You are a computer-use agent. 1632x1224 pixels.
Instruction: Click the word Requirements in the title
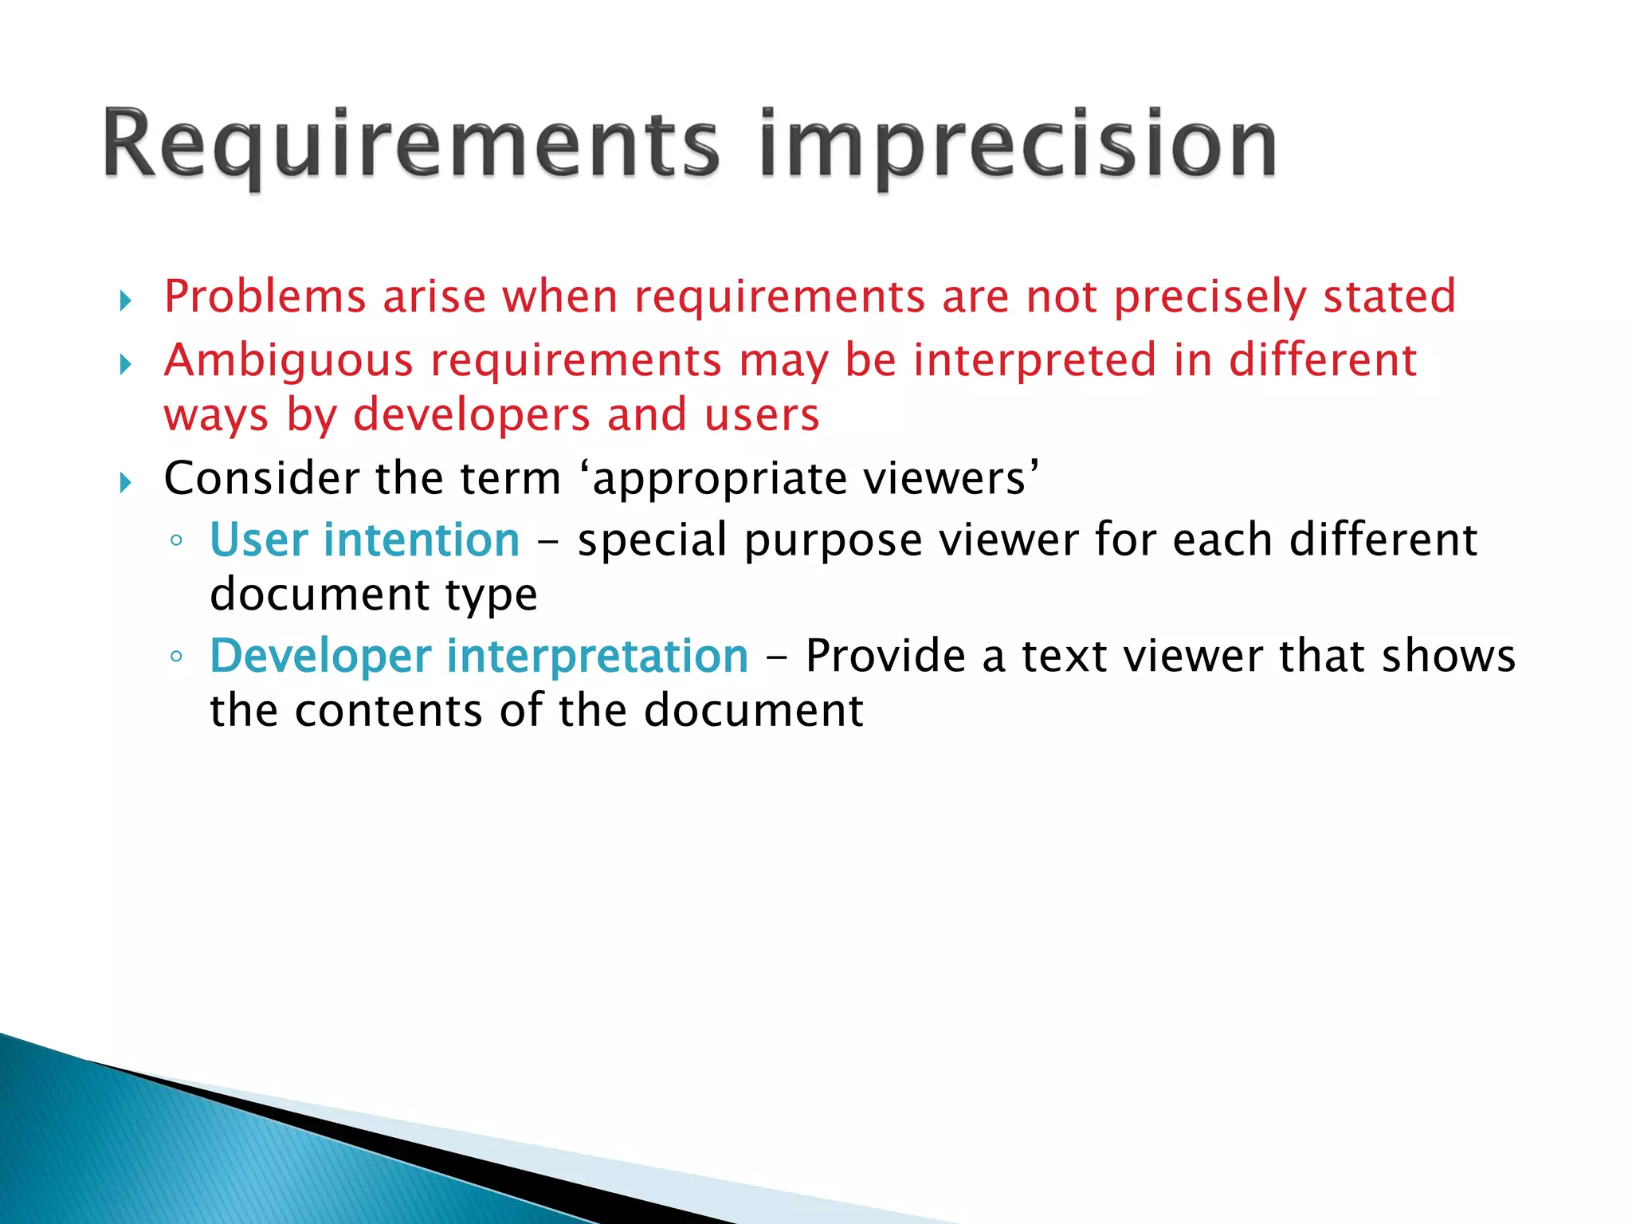pos(410,145)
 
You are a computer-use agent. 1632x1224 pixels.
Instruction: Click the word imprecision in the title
pos(1018,145)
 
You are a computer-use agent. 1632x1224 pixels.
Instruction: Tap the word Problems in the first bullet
pos(265,296)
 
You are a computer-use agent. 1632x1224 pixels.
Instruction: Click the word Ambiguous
pos(288,360)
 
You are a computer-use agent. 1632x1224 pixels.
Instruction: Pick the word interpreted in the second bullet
pos(1034,360)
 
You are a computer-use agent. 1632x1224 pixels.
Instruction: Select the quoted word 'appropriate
pos(715,480)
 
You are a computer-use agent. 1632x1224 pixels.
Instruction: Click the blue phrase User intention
pos(364,540)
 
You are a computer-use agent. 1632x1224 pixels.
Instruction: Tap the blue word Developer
pos(320,657)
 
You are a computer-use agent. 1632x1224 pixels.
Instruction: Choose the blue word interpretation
pos(598,657)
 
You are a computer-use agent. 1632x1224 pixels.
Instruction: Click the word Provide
pos(885,657)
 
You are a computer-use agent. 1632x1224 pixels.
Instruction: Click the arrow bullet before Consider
pos(125,482)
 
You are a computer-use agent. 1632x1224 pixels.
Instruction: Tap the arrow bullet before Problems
pos(125,300)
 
